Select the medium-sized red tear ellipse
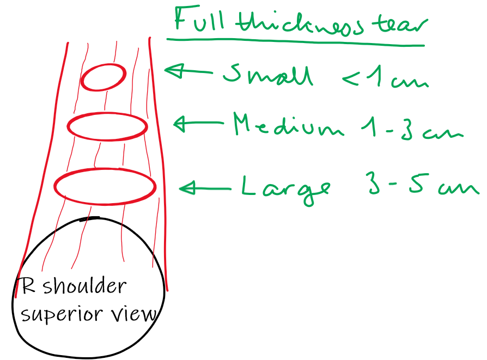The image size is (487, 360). coord(107,126)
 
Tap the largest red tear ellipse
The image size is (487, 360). coord(105,187)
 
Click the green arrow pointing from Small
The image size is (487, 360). coord(188,71)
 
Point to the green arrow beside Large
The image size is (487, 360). coord(204,188)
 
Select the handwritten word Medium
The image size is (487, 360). coord(288,127)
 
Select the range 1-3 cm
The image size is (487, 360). coord(412,130)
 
